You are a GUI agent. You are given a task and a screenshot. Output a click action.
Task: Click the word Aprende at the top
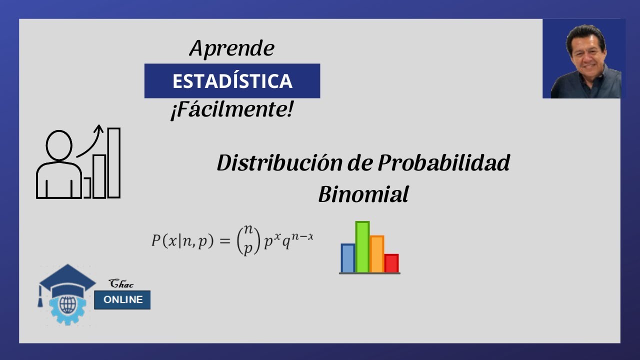click(232, 49)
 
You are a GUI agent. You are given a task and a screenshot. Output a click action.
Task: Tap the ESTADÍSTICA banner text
click(232, 81)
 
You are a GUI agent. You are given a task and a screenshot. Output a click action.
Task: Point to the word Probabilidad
click(443, 163)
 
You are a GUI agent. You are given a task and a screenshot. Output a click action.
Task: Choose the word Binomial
click(363, 194)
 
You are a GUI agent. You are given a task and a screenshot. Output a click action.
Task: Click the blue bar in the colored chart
click(347, 258)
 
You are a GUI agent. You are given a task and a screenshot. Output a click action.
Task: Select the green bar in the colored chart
click(362, 247)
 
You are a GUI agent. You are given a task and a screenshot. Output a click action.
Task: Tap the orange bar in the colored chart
click(377, 254)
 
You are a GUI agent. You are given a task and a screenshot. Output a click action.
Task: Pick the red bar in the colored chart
click(391, 263)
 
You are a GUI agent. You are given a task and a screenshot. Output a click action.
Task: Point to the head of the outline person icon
click(59, 145)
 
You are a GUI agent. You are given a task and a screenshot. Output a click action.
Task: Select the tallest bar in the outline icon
click(114, 162)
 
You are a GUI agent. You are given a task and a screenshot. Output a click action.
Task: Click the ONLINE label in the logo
click(122, 300)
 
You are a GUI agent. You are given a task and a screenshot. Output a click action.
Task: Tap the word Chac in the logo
click(121, 284)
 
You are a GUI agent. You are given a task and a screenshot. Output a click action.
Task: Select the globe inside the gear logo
click(66, 304)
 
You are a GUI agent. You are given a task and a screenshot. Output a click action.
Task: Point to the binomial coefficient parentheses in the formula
click(248, 240)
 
